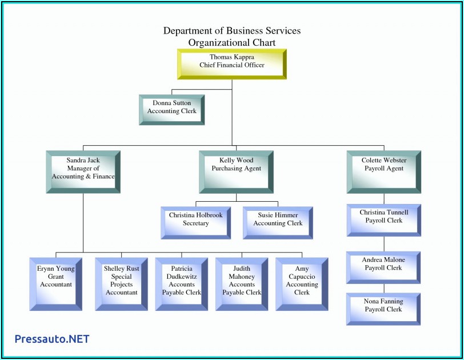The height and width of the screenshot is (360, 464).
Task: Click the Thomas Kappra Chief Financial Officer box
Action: [x=232, y=63]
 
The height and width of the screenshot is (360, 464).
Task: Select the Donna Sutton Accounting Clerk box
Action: [x=172, y=109]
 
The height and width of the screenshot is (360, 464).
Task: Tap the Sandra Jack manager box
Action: [x=83, y=171]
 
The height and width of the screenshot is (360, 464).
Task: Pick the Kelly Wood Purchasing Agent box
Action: [x=236, y=171]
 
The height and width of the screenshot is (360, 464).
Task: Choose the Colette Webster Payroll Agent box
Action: [x=383, y=171]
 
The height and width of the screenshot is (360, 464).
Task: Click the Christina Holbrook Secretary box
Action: [x=196, y=222]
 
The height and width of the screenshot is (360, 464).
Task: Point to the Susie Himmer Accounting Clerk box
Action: [x=278, y=222]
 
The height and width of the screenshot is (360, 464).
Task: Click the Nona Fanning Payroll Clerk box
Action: [x=383, y=309]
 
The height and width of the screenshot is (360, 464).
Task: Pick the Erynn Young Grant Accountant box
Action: [x=56, y=283]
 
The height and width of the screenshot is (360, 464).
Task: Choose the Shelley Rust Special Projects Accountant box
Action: [x=121, y=283]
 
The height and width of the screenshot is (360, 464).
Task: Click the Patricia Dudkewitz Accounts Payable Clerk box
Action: [x=182, y=283]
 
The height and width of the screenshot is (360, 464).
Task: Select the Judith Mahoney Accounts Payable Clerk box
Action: [x=242, y=283]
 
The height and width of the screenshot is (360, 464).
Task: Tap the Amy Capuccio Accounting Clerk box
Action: [x=302, y=283]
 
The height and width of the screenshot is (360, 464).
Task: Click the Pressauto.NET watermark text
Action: [x=52, y=339]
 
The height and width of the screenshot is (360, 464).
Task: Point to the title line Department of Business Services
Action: [x=232, y=31]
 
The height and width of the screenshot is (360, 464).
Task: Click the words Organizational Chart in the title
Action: [x=232, y=42]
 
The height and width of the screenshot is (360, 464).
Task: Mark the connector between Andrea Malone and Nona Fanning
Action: [x=383, y=289]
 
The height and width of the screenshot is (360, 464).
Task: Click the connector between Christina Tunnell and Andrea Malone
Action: [x=383, y=243]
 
